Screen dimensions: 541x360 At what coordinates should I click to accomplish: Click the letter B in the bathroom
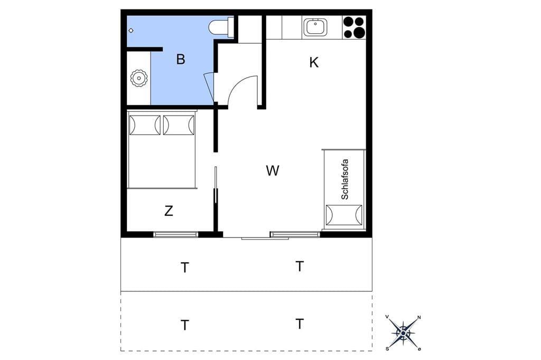(x=181, y=59)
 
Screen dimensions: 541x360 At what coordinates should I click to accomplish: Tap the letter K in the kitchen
(x=314, y=63)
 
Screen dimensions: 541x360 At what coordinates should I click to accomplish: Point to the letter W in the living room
(x=273, y=170)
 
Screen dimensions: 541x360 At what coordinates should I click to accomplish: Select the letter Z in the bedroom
(x=169, y=211)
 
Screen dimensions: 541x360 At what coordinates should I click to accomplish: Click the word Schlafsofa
(x=344, y=179)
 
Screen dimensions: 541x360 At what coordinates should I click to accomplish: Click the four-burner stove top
(x=354, y=27)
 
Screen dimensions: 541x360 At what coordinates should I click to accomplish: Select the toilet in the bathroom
(x=221, y=28)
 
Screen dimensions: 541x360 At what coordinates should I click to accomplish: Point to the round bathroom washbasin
(x=139, y=78)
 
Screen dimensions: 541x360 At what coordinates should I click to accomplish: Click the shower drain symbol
(x=131, y=31)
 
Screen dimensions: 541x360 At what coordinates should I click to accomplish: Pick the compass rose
(x=403, y=333)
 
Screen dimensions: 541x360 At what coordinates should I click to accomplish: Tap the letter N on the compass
(x=419, y=317)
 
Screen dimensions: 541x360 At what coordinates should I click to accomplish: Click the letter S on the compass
(x=387, y=349)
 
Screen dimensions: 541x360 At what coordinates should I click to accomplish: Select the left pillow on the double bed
(x=145, y=125)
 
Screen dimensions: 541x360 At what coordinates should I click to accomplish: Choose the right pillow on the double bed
(x=179, y=125)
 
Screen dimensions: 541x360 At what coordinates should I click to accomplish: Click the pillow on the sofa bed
(x=344, y=215)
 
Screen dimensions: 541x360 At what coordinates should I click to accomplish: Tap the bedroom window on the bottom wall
(x=176, y=234)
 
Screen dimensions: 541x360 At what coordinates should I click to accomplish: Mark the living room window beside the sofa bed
(x=295, y=234)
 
